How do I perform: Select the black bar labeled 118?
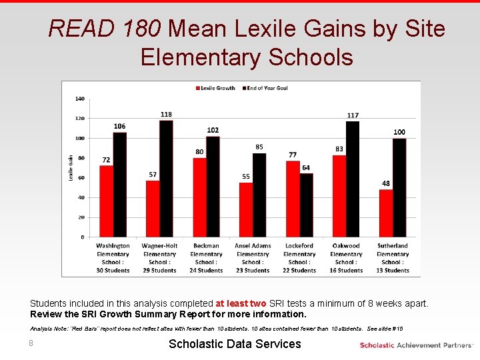166,179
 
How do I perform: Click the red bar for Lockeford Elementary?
293,199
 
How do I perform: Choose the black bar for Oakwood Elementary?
353,179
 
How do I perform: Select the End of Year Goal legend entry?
265,88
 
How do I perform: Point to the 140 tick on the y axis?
80,99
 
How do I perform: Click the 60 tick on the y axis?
81,178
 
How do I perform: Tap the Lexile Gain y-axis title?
71,167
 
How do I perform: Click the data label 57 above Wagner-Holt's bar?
153,175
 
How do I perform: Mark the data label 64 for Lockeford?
306,168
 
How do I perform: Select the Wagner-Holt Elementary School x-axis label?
159,257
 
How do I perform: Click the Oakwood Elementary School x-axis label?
346,257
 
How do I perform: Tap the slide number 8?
31,343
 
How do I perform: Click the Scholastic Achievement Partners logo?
415,345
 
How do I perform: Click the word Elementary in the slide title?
201,57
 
